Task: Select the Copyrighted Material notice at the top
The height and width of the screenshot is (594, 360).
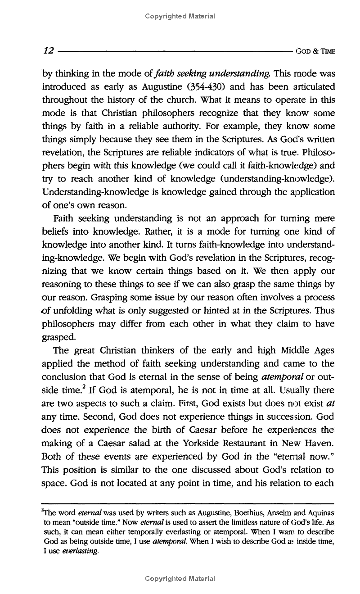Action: (x=180, y=17)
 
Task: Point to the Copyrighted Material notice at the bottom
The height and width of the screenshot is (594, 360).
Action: (x=180, y=578)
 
